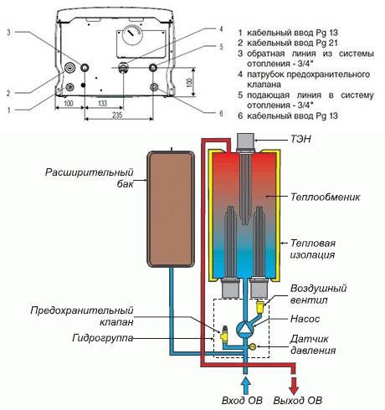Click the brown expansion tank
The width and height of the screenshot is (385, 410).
click(x=171, y=209)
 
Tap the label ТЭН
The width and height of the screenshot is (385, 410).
click(x=300, y=139)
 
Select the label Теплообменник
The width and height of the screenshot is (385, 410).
click(x=325, y=197)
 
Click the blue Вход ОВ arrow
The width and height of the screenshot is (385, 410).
click(x=245, y=386)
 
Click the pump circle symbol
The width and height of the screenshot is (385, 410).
click(x=245, y=328)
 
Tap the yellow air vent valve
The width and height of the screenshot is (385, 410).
click(x=260, y=306)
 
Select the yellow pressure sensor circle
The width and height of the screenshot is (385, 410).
click(x=253, y=346)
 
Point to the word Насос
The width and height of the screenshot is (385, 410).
click(x=305, y=319)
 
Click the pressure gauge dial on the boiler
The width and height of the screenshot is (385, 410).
click(x=132, y=36)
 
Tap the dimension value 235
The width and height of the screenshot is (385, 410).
click(x=117, y=115)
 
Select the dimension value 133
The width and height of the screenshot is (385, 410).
click(x=102, y=103)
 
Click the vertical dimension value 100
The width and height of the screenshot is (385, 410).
click(x=189, y=82)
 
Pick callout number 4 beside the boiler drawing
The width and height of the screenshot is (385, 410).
click(x=221, y=29)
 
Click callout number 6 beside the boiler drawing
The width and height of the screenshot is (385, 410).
click(x=221, y=113)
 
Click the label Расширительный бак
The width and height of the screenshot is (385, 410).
click(x=90, y=177)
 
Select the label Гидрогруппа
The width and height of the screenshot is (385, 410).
click(x=102, y=338)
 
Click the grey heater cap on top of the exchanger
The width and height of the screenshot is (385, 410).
click(x=246, y=141)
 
